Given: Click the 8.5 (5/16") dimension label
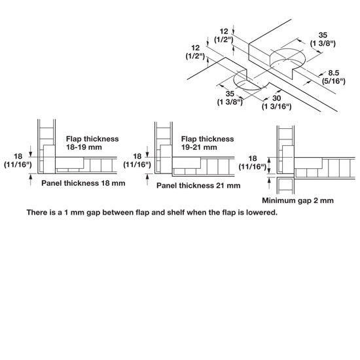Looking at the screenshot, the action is coord(334,77).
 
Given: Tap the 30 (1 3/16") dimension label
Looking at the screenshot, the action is coord(277,102).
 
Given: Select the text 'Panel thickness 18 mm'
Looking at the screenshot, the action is coord(83,183).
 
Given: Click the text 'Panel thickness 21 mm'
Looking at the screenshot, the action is coord(198,185).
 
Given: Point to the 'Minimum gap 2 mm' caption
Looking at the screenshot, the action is coord(298,200).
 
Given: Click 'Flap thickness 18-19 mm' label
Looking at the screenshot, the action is coord(92,143).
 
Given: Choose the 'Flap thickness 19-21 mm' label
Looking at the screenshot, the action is coord(207,143).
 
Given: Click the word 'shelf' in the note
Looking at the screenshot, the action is coord(175,212).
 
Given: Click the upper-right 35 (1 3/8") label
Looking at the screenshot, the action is coord(323,39).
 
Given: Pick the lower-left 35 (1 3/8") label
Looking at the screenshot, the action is coord(230,98).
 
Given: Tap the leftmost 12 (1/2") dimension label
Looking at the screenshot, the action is coord(196,52).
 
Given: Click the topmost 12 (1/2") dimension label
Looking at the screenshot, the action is coord(224,35).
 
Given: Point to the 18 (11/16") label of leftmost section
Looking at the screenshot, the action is coord(18,160).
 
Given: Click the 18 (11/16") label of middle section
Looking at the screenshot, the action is coord(137,160).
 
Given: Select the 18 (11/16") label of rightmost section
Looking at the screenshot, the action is coord(253,162).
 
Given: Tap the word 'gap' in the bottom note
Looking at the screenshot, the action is coord(94,213).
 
